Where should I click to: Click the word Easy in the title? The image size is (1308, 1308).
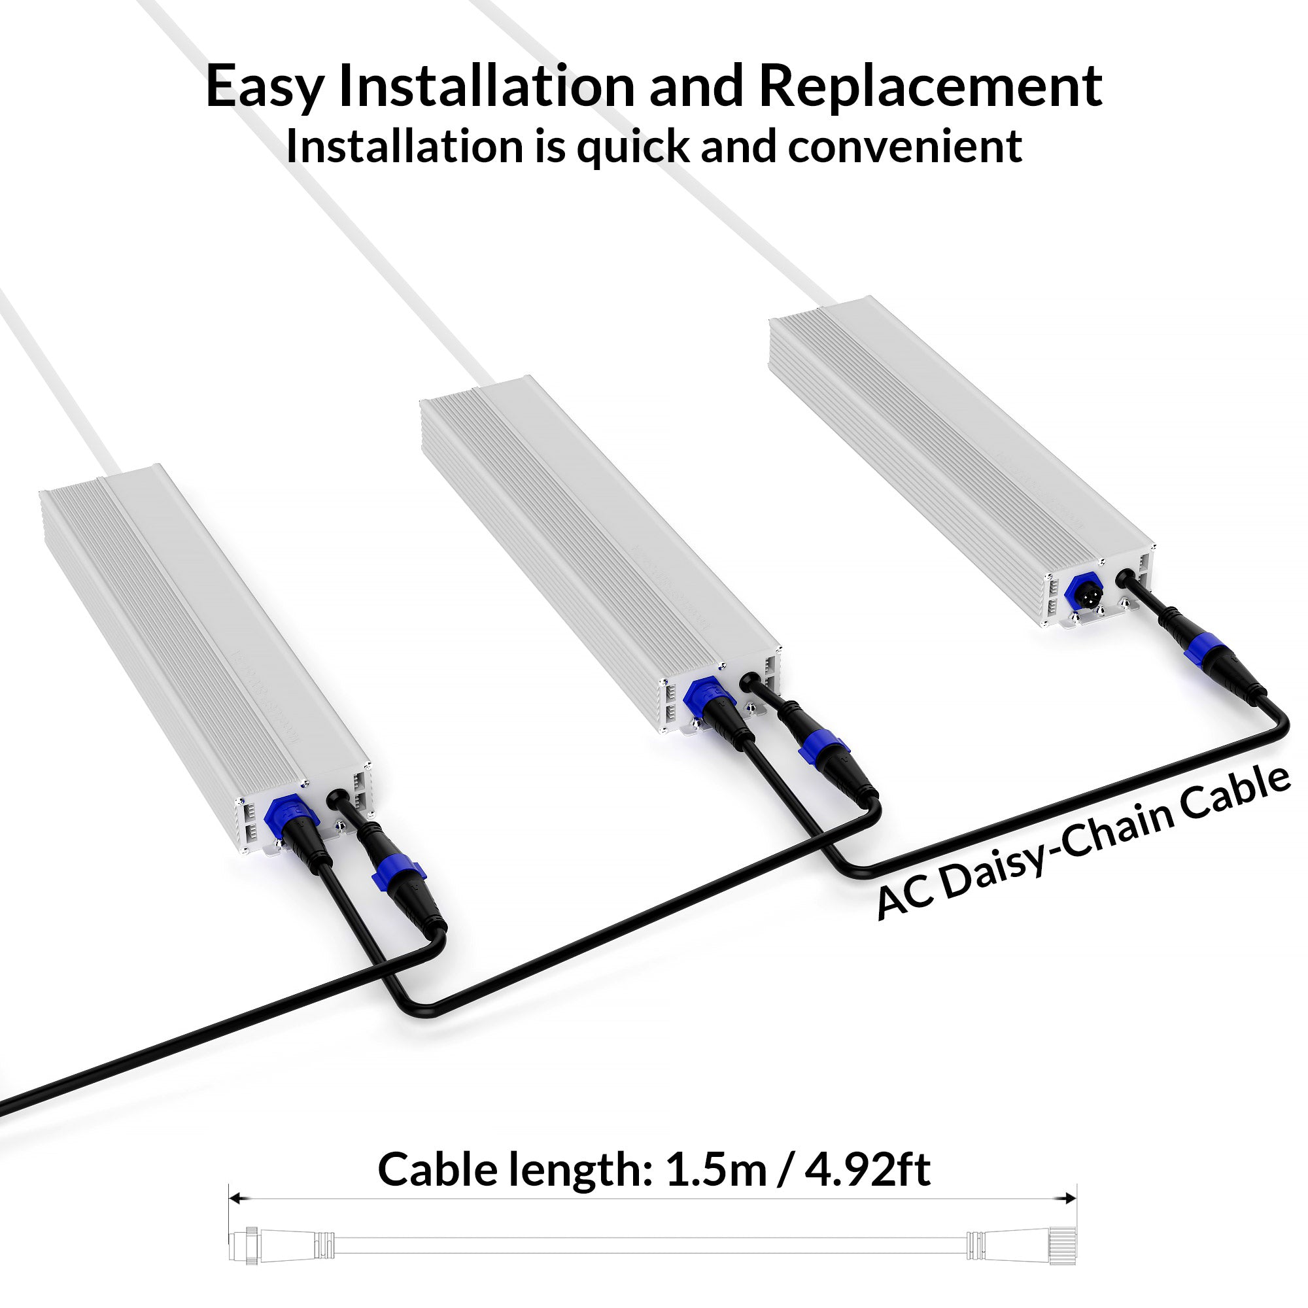[x=264, y=88]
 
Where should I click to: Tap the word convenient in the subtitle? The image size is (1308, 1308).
[x=904, y=146]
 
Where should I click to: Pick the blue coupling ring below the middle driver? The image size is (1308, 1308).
[x=822, y=751]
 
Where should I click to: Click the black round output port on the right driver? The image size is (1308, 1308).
[x=1124, y=577]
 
